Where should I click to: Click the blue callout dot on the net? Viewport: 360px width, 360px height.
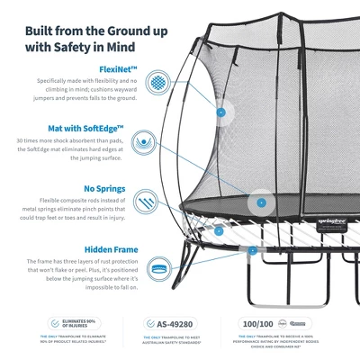click(x=220, y=113)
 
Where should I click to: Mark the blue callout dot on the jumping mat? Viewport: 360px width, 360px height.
click(x=261, y=202)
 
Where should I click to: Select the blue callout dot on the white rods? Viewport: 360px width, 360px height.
click(x=219, y=230)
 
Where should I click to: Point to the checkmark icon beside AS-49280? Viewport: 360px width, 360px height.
click(x=150, y=323)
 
